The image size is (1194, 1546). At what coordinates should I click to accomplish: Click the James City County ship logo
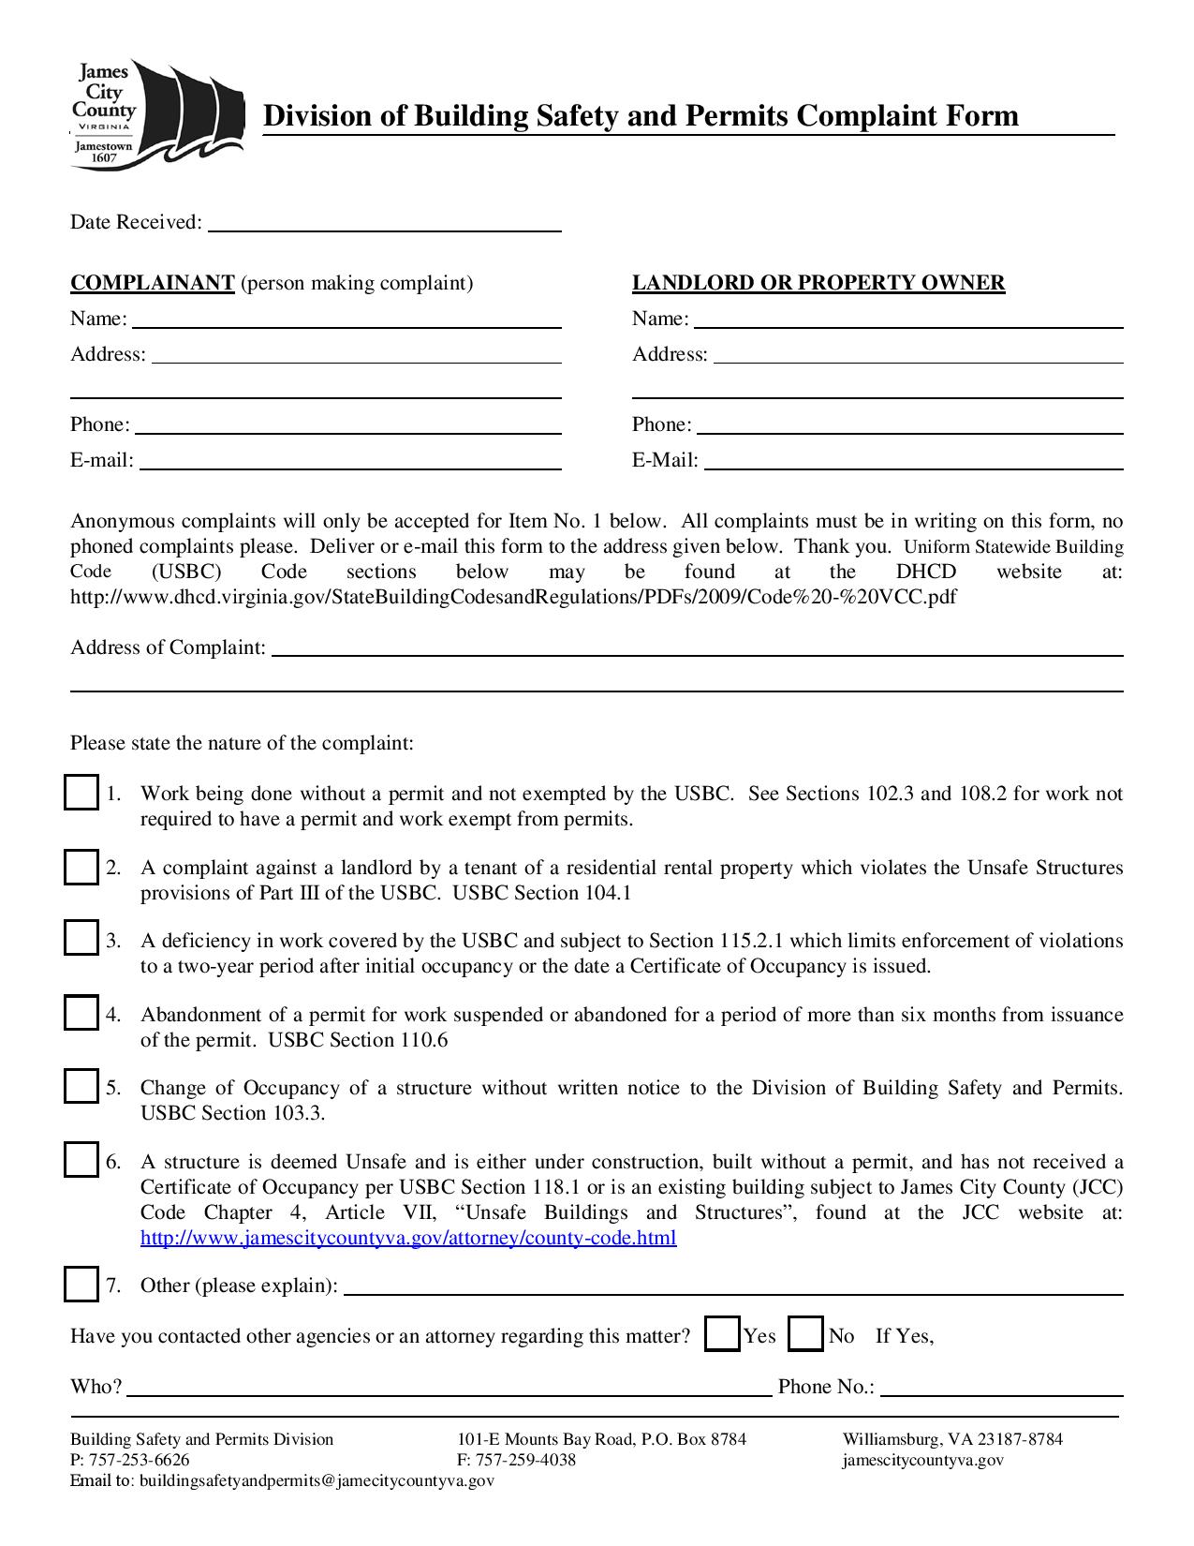(155, 114)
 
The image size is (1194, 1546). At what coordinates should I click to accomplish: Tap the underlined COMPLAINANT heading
(152, 283)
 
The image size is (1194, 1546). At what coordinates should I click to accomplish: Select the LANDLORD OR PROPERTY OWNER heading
(818, 283)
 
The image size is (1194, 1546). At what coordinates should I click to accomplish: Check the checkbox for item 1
(81, 793)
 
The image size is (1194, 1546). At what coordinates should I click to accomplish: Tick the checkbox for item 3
(81, 939)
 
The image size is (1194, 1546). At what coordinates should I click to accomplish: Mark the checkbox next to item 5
(81, 1086)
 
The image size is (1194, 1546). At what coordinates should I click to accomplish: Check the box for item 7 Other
(81, 1284)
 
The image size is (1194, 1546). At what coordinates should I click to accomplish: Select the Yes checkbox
(722, 1334)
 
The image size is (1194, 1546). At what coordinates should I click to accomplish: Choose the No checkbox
(805, 1334)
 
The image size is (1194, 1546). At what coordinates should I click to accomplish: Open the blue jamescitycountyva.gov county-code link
(408, 1238)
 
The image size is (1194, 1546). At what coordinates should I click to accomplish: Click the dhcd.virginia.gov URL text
(513, 597)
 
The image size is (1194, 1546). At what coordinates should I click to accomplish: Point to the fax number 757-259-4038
(525, 1460)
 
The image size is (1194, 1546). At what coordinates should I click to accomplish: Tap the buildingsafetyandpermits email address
(317, 1480)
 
